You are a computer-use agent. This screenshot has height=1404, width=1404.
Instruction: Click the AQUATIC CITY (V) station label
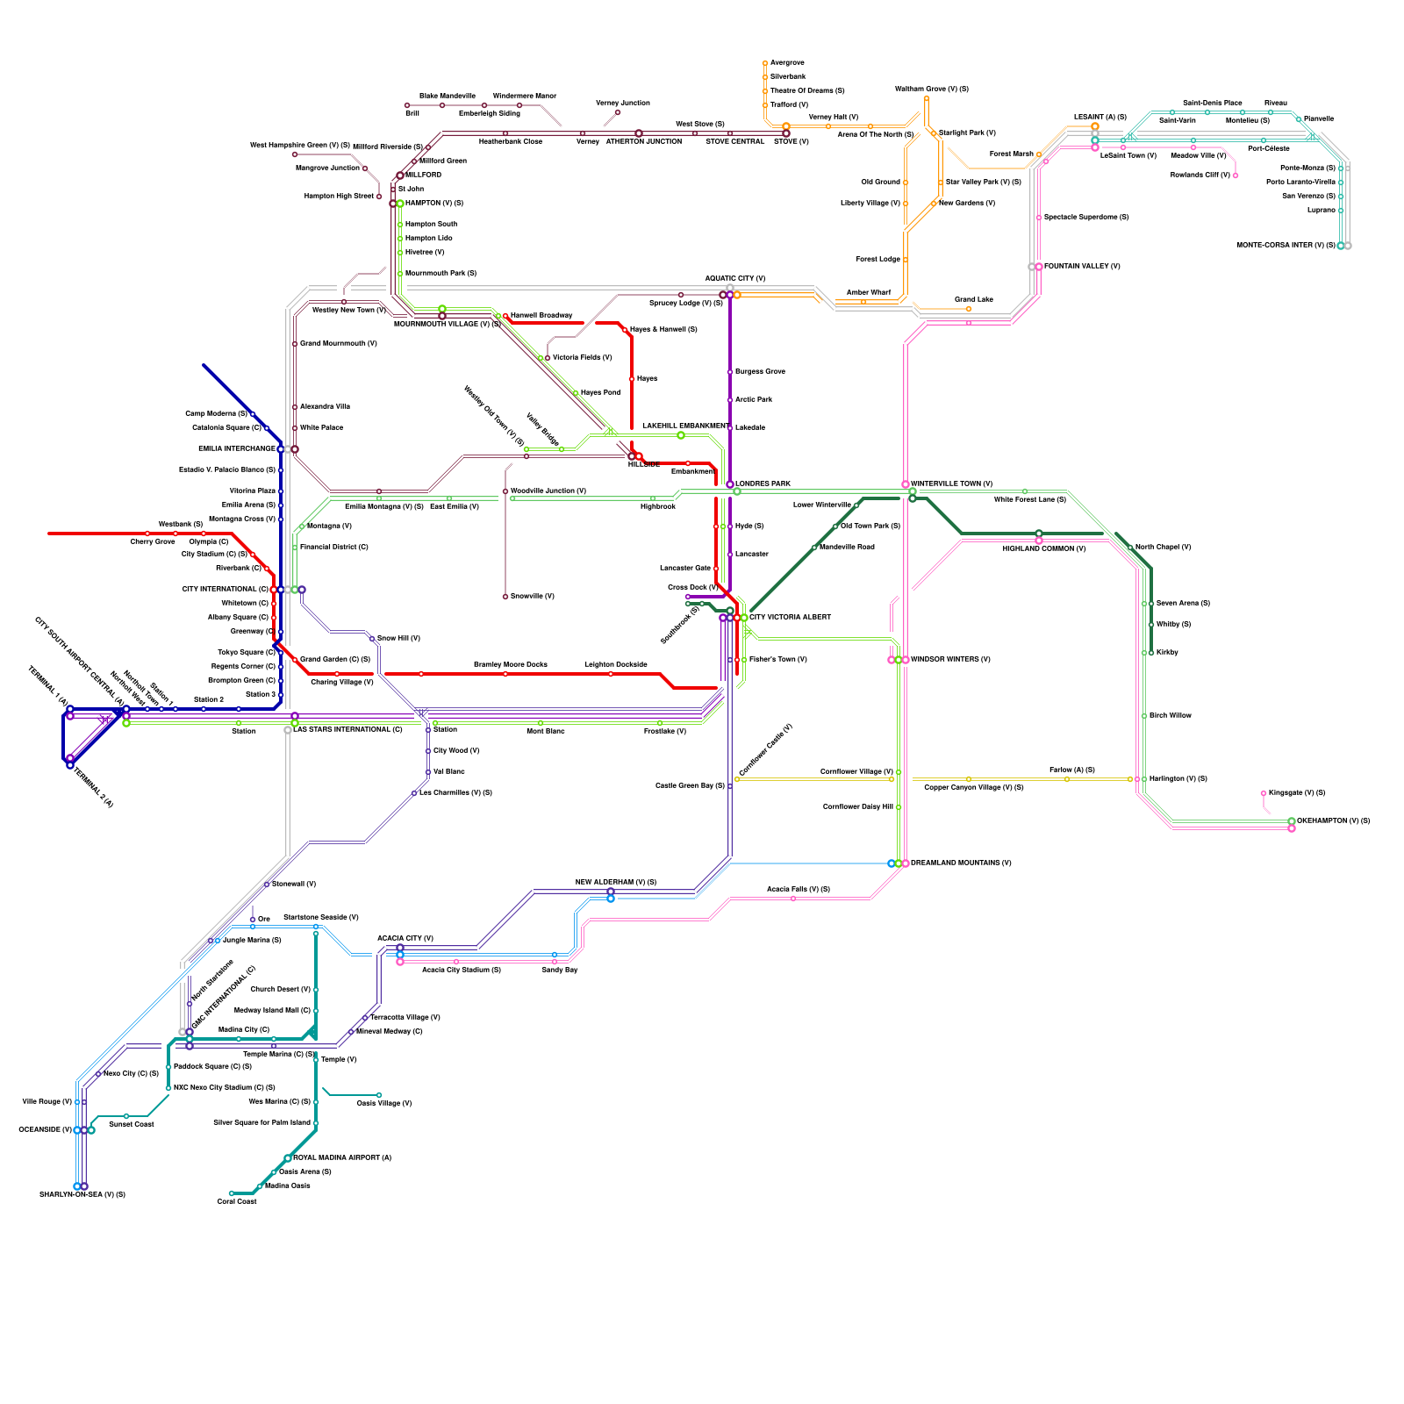[734, 278]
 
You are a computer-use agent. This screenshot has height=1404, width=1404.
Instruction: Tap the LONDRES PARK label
[763, 484]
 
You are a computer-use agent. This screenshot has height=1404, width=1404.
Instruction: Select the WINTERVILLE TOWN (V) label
[951, 484]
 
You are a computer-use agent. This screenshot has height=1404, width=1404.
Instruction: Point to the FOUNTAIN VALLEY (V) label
[1082, 266]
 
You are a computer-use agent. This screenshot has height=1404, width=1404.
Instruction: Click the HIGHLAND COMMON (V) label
[1044, 549]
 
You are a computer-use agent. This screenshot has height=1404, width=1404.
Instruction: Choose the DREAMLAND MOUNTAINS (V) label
[961, 863]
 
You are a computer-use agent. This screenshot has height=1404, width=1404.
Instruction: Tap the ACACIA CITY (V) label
[405, 938]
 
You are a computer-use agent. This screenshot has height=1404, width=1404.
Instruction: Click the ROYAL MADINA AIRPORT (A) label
[342, 1157]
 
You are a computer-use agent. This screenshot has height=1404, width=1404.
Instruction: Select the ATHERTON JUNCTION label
[643, 141]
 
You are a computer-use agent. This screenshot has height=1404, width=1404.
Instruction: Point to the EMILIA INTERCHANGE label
[237, 448]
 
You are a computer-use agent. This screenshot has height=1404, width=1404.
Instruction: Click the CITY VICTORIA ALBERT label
[790, 617]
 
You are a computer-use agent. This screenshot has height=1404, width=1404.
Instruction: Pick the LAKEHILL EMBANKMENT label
[685, 426]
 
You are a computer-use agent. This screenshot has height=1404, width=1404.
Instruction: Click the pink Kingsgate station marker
[1264, 793]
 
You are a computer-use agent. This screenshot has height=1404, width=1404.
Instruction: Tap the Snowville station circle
[505, 597]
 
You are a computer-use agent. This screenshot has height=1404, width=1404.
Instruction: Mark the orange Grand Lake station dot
[969, 309]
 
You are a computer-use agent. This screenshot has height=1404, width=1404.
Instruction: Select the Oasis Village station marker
[379, 1095]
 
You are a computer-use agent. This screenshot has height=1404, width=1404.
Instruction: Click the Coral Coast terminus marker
[232, 1193]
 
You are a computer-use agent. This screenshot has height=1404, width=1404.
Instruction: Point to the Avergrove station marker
[765, 63]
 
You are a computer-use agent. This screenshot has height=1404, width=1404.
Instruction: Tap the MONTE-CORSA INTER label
[1286, 245]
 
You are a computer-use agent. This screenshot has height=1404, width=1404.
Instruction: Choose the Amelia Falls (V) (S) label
[798, 889]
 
